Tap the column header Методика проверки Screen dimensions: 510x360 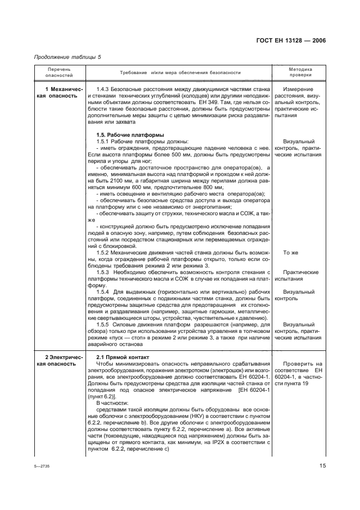click(300, 72)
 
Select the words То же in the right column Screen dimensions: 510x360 click(291, 252)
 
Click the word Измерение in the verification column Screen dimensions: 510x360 click(298, 89)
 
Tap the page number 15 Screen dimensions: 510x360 click(322, 465)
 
